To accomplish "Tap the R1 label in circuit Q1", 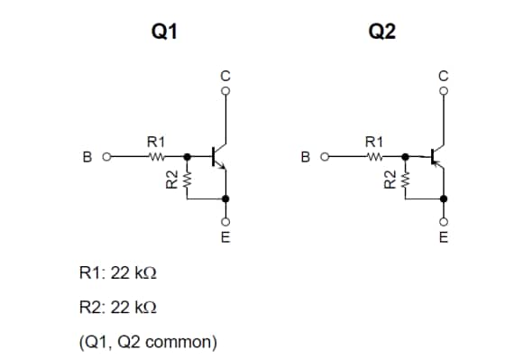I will pos(156,142).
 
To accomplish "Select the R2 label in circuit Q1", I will pos(169,180).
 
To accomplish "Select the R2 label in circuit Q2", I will pos(389,180).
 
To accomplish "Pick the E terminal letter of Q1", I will pos(226,238).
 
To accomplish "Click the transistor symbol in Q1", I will pos(218,157).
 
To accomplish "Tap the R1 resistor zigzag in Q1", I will pos(155,157).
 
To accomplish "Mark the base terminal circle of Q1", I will pos(106,158).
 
